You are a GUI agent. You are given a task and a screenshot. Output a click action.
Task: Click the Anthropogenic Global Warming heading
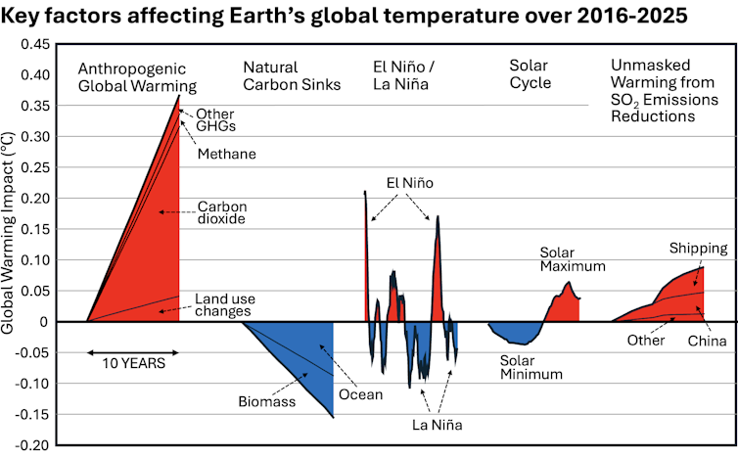[137, 76]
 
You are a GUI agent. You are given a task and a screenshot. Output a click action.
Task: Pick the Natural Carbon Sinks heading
[292, 76]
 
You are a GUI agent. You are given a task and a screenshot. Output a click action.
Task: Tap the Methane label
[226, 154]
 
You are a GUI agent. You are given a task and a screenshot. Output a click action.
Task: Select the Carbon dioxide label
[222, 212]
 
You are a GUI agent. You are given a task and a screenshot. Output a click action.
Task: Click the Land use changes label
[223, 304]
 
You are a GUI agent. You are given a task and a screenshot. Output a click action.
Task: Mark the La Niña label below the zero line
[438, 425]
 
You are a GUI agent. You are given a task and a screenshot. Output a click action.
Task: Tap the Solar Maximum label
[573, 258]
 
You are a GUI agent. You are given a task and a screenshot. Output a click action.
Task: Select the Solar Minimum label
[531, 367]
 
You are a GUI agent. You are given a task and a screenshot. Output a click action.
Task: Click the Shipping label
[698, 248]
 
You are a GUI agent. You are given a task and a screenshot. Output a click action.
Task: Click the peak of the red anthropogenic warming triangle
[179, 95]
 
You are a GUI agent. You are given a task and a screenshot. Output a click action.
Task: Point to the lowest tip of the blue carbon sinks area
[333, 418]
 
